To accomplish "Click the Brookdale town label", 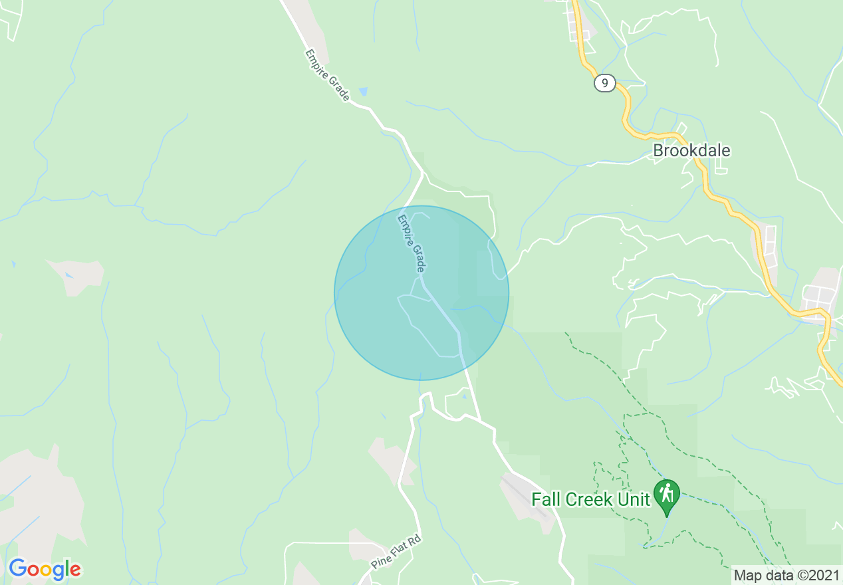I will click(691, 150).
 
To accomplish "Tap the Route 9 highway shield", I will click(604, 83).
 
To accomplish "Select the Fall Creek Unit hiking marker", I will click(666, 496).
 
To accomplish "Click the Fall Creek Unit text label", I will click(590, 499).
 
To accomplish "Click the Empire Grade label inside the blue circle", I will click(412, 243).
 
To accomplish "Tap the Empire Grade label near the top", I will click(327, 74).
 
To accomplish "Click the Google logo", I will click(45, 569).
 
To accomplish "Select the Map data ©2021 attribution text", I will click(786, 574).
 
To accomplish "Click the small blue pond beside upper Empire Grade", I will click(362, 91).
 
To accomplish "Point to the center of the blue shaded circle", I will click(421, 293).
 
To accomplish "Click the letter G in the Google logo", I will click(18, 569).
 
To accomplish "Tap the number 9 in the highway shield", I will click(604, 83).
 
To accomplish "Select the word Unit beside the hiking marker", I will click(634, 499).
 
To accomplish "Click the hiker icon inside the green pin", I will click(666, 493).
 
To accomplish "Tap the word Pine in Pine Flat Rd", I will click(380, 562).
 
